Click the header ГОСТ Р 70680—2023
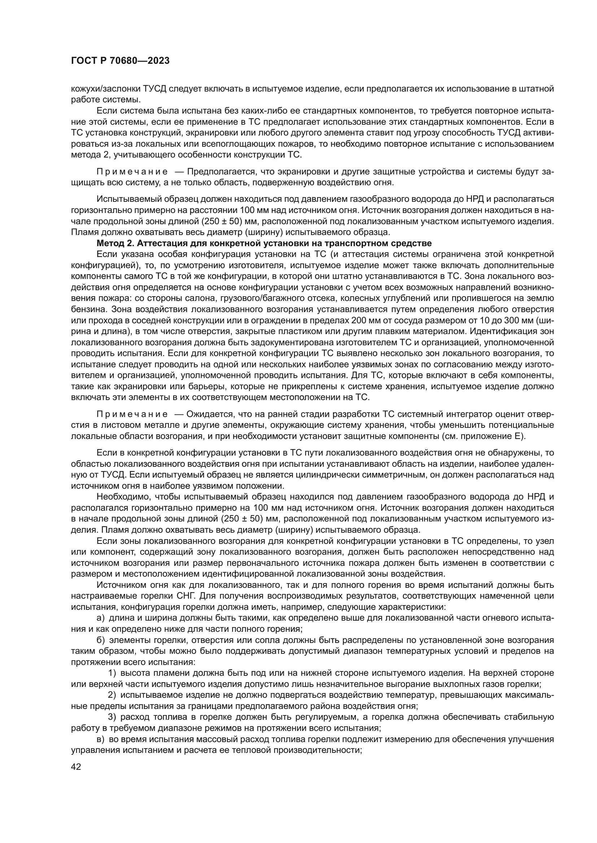pos(120,61)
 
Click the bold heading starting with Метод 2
pos(263,243)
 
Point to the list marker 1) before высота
pos(112,673)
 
